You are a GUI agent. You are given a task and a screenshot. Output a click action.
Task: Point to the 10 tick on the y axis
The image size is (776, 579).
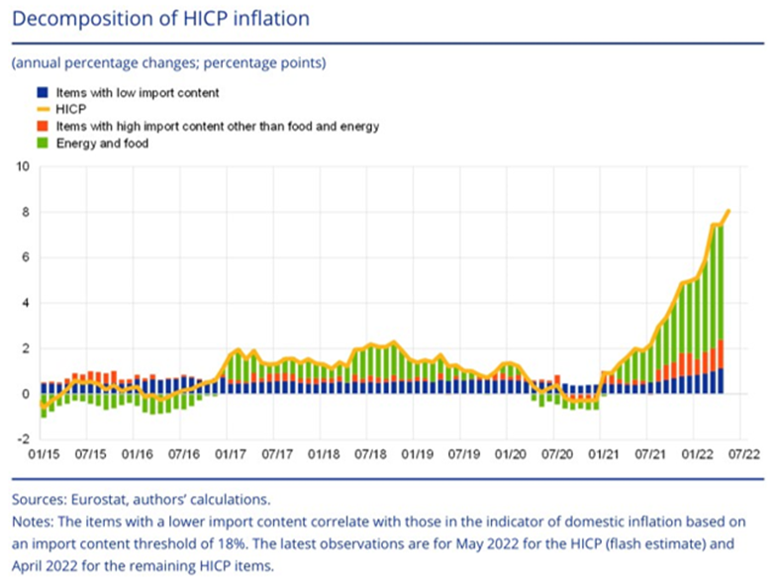pyautogui.click(x=22, y=166)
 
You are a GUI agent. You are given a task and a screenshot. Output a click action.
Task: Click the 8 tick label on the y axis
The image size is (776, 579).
pyautogui.click(x=25, y=212)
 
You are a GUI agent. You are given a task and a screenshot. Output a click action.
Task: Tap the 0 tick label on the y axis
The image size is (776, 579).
pyautogui.click(x=25, y=394)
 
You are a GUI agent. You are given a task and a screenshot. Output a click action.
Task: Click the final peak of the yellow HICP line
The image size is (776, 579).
pyautogui.click(x=728, y=210)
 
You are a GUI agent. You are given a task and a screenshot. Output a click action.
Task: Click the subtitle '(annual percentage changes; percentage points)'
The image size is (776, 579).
pyautogui.click(x=168, y=63)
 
